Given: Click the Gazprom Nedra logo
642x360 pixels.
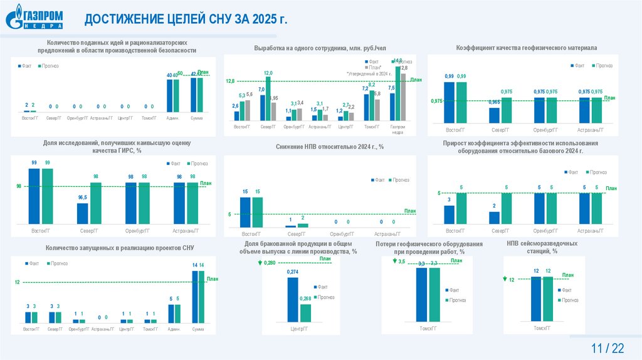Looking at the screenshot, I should coord(35,18).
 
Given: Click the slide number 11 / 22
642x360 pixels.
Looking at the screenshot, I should coord(607,348).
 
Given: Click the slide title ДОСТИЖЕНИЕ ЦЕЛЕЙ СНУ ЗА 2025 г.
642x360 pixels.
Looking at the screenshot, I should coord(186,19).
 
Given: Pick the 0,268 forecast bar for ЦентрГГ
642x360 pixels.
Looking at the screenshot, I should coord(305,312).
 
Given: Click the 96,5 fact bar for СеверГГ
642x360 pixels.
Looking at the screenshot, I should coord(83,213).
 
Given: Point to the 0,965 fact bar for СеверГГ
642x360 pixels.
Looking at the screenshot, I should coord(494,115).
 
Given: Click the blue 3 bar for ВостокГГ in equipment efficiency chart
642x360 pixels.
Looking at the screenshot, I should coord(449,214).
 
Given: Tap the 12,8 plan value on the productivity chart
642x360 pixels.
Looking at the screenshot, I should coord(229,82).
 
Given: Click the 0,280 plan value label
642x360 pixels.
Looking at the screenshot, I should coord(270,262).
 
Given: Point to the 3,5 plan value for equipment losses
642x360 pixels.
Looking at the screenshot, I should coord(402,261).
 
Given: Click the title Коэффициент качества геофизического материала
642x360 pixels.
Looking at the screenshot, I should coord(526,48).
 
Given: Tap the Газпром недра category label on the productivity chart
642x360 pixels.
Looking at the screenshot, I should coord(397,129).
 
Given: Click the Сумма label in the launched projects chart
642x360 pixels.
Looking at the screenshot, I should coord(197,329).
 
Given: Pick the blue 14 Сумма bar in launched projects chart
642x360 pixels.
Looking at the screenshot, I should coord(194,297).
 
